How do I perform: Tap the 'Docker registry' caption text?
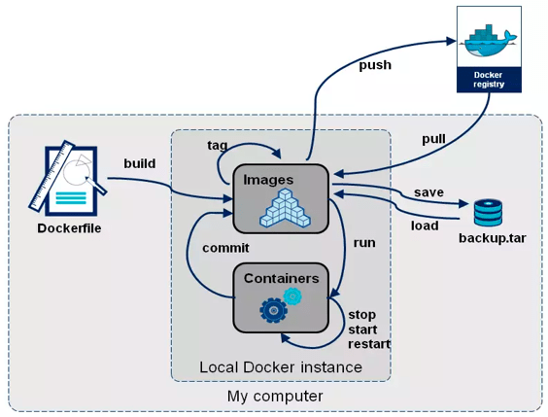489,79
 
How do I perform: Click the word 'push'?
375,65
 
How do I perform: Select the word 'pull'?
433,139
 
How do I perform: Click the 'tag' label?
218,145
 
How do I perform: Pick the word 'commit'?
225,247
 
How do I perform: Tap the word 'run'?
364,242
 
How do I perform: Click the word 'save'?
428,191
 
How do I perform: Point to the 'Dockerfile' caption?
69,228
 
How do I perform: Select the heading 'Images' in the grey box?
268,180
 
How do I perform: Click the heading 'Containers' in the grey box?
281,278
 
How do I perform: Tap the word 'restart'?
369,344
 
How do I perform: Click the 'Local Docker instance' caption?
280,367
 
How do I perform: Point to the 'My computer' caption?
275,397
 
